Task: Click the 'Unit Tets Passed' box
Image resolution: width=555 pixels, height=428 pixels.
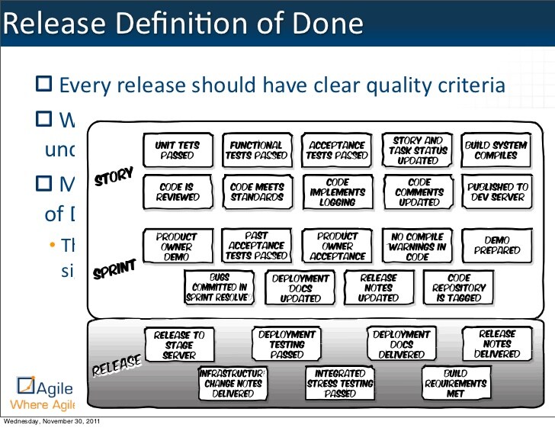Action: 177,150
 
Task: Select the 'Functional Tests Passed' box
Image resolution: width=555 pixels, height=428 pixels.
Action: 256,150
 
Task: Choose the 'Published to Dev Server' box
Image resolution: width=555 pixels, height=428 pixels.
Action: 498,191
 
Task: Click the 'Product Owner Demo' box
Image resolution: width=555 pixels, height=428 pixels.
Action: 176,246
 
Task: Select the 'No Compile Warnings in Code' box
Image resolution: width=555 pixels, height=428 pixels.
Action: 418,246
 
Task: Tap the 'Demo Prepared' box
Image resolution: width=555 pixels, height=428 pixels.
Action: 497,244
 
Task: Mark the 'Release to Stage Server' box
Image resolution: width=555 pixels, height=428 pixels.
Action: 179,345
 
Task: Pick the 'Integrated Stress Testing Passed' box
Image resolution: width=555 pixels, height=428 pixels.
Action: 340,384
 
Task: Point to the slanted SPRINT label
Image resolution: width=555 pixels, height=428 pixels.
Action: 114,269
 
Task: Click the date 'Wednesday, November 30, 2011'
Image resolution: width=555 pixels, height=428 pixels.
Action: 50,422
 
